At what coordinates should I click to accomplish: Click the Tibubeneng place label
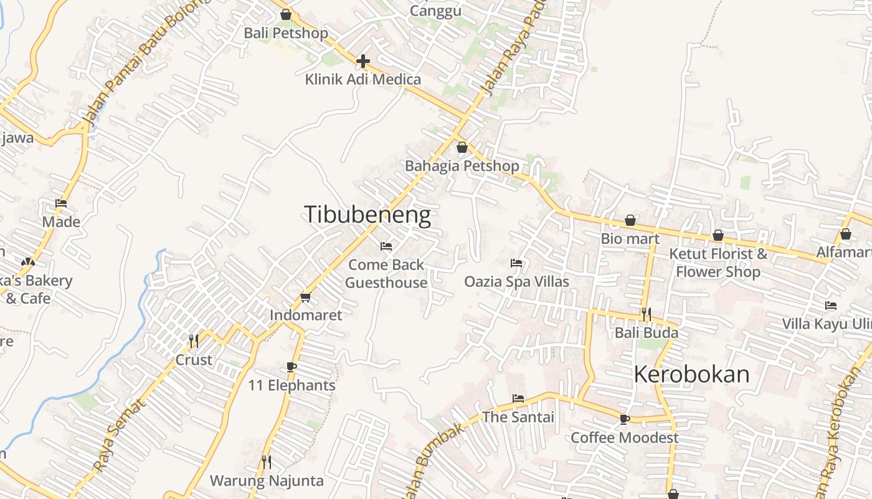click(367, 215)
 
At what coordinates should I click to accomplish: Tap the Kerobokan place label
click(691, 374)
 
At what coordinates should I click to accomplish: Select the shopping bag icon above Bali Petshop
click(286, 14)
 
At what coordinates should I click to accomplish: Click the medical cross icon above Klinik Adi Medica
click(363, 61)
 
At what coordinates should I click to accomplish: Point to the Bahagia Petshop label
click(462, 166)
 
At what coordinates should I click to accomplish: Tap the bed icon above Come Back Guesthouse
click(386, 246)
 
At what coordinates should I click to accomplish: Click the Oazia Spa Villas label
click(516, 281)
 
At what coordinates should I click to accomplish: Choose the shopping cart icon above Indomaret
click(305, 297)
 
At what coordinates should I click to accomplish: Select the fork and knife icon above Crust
click(194, 341)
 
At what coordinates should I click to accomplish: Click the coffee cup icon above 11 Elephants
click(291, 367)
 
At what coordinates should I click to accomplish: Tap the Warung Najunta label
click(267, 481)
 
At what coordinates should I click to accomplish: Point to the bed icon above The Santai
click(518, 399)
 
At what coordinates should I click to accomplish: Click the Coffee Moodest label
click(625, 438)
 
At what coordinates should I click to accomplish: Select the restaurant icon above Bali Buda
click(647, 314)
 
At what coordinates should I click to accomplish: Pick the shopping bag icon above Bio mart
click(630, 220)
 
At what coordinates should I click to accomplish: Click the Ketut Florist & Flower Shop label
click(718, 263)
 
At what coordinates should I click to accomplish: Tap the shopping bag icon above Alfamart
click(845, 234)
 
